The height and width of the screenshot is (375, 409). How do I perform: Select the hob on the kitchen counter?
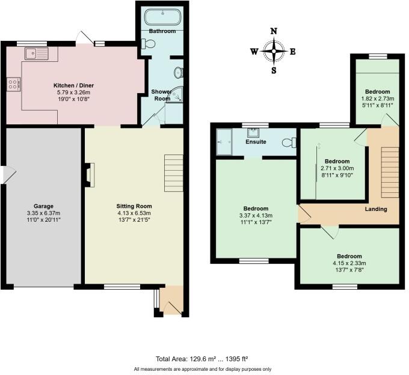12,85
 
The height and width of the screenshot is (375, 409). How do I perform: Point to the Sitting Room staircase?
173,166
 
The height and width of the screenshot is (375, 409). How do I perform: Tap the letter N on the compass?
274,31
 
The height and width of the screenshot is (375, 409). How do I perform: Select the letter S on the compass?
274,70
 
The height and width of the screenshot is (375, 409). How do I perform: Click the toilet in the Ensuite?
292,142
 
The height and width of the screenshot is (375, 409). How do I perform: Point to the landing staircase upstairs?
390,171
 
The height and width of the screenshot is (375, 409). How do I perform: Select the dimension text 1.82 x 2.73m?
377,99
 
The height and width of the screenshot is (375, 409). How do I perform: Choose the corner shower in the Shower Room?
176,96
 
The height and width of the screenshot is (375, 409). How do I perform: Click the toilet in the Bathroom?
148,43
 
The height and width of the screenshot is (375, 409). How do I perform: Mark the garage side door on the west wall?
5,174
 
